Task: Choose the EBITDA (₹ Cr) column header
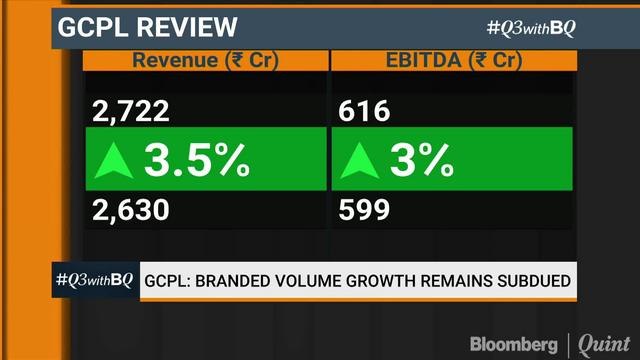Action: (453, 61)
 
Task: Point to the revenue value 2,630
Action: (129, 210)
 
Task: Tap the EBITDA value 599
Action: (364, 210)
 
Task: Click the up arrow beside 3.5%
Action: (115, 160)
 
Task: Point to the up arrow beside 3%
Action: (360, 160)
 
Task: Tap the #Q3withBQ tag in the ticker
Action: (93, 281)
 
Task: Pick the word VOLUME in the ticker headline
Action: (315, 281)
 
